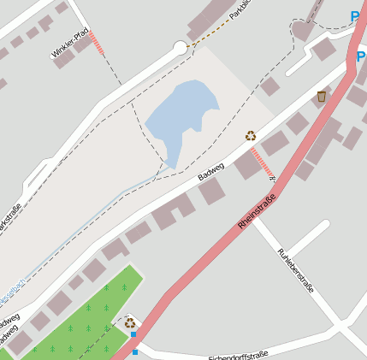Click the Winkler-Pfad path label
[70, 45]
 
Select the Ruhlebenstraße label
[296, 270]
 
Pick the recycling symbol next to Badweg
[251, 135]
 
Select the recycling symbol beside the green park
[130, 322]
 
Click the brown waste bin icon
[321, 97]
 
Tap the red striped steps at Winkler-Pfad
[97, 44]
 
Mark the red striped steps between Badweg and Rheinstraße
[262, 163]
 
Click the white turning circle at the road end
[180, 48]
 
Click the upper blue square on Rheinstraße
[133, 334]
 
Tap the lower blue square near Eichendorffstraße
[135, 351]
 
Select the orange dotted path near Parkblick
[210, 35]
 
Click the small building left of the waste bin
[270, 86]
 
